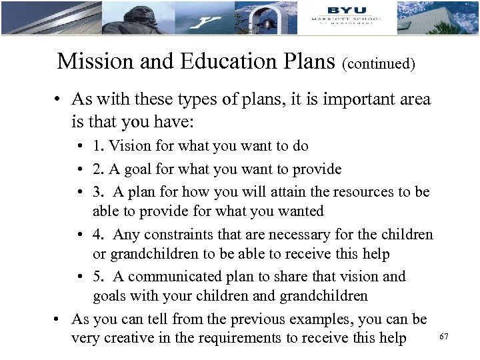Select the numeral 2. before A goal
tap(98, 169)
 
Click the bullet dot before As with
tap(59, 101)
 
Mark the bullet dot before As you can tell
tap(59, 319)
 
